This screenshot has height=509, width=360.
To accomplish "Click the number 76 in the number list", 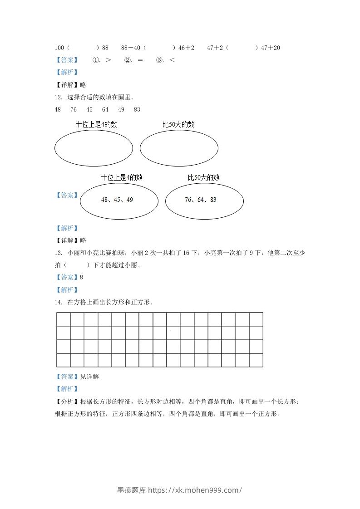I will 74,109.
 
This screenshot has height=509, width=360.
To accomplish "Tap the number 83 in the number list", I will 137,109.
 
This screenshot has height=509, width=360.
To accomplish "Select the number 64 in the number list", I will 105,109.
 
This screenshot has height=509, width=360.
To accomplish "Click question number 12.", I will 58,97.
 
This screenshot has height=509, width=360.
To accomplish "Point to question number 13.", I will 58,253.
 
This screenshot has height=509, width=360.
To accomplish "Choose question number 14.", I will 58,302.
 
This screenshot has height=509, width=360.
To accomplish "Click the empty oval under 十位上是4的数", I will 94,148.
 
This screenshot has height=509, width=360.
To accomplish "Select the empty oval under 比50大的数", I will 179,148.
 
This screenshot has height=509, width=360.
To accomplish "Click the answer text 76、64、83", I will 201,200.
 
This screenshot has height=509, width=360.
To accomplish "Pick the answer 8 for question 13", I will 82,277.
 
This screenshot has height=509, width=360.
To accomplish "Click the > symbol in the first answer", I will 108,60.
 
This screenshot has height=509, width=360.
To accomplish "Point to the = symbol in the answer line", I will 140,60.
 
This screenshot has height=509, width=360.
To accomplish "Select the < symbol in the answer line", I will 172,60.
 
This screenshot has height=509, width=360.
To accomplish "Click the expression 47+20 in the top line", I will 271,48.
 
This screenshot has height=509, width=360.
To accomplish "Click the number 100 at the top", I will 59,48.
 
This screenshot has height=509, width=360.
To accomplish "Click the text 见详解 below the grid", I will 89,377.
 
